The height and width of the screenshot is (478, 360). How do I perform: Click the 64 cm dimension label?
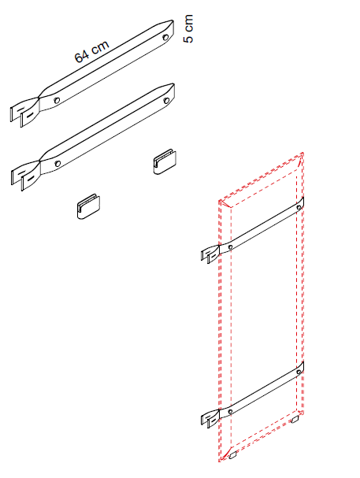click(x=91, y=51)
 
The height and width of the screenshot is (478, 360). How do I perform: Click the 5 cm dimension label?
click(x=188, y=28)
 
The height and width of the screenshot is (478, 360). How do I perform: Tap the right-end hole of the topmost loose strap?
click(x=166, y=38)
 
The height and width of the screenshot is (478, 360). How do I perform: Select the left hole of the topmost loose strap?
click(x=57, y=100)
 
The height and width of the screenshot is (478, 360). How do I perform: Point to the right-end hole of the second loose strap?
click(x=167, y=100)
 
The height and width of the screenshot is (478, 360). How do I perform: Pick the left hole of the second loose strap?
click(x=58, y=163)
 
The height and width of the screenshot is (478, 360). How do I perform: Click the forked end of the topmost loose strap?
click(x=25, y=111)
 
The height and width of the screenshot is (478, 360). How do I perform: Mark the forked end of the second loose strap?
click(x=26, y=175)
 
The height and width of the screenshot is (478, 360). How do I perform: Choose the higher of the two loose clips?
click(x=165, y=162)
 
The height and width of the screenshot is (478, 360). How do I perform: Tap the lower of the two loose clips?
click(x=88, y=206)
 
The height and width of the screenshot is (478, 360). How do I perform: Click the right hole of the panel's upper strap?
click(x=299, y=208)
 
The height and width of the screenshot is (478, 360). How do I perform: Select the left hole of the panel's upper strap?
click(x=231, y=246)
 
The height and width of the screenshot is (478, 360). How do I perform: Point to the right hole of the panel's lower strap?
click(x=299, y=372)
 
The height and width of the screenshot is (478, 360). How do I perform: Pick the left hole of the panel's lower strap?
click(x=231, y=412)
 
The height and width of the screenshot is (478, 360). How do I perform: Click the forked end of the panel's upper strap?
click(x=210, y=254)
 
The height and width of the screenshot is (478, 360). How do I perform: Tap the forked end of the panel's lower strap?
click(x=210, y=418)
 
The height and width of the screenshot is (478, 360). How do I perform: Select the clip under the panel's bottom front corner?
click(x=233, y=455)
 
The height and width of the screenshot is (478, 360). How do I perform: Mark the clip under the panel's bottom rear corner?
click(x=295, y=420)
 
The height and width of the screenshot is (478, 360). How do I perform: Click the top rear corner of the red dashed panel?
click(x=302, y=153)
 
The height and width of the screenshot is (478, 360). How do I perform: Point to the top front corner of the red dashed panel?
click(x=220, y=201)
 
